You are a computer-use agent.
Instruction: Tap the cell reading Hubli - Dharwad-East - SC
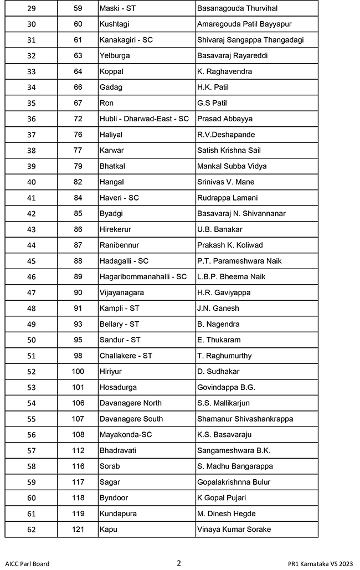pyautogui.click(x=144, y=119)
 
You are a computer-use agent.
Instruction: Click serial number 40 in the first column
pyautogui.click(x=32, y=182)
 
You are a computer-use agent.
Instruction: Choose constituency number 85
pyautogui.click(x=78, y=213)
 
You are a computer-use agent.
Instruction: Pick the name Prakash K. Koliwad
pyautogui.click(x=230, y=245)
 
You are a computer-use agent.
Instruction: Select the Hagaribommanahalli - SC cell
pyautogui.click(x=143, y=276)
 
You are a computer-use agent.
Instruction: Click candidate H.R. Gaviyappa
pyautogui.click(x=224, y=292)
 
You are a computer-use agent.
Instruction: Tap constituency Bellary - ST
pyautogui.click(x=119, y=324)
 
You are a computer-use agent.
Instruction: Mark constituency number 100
pyautogui.click(x=78, y=371)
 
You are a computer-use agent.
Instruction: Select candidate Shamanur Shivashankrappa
pyautogui.click(x=245, y=419)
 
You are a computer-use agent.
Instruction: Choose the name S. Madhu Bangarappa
pyautogui.click(x=235, y=466)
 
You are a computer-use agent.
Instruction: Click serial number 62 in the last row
pyautogui.click(x=32, y=530)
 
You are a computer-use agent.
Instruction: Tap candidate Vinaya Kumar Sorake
pyautogui.click(x=234, y=530)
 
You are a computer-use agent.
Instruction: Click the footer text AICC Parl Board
pyautogui.click(x=27, y=564)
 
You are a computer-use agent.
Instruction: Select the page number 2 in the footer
pyautogui.click(x=179, y=563)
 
